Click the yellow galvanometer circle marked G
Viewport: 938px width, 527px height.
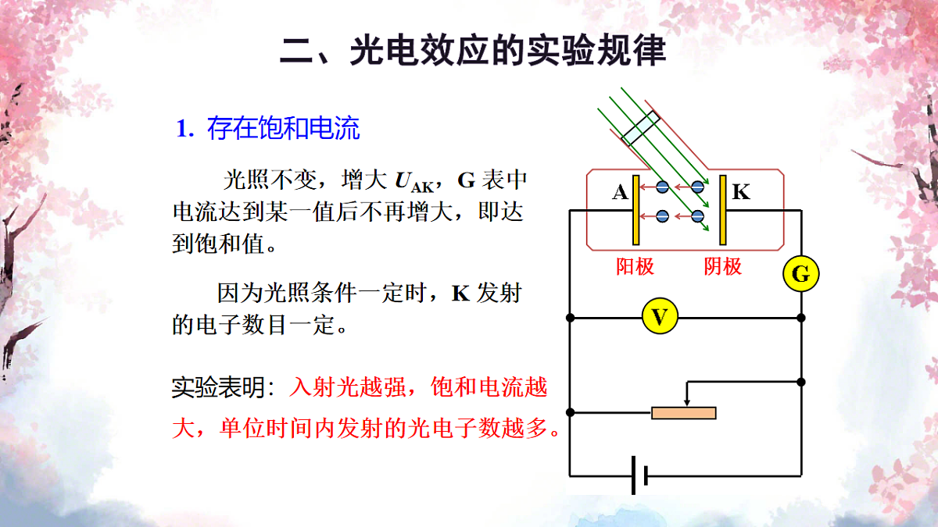tap(800, 274)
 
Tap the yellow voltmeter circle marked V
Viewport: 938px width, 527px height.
tap(660, 316)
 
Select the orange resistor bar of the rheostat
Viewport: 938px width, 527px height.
tap(684, 413)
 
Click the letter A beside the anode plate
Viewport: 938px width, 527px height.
tap(620, 192)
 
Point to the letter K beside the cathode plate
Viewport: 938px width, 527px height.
tap(741, 192)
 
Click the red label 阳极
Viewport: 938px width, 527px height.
tap(635, 266)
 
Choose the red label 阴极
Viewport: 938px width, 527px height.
tap(723, 266)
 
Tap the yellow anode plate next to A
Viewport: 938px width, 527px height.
tap(635, 210)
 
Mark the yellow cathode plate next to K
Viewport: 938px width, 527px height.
tap(723, 210)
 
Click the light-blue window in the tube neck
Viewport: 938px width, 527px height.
tap(640, 128)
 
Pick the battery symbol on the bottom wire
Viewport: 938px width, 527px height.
tap(640, 475)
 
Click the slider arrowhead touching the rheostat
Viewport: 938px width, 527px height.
tap(687, 402)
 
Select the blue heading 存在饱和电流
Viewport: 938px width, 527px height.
tap(283, 128)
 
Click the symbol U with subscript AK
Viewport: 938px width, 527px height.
tap(414, 182)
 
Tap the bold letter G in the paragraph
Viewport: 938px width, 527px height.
tap(466, 180)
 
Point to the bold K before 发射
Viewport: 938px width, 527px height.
tap(461, 294)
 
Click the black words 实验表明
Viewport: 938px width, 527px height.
tap(218, 387)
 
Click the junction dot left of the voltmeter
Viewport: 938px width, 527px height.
tap(570, 318)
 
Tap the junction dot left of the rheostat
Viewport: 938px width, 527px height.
tap(570, 412)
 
